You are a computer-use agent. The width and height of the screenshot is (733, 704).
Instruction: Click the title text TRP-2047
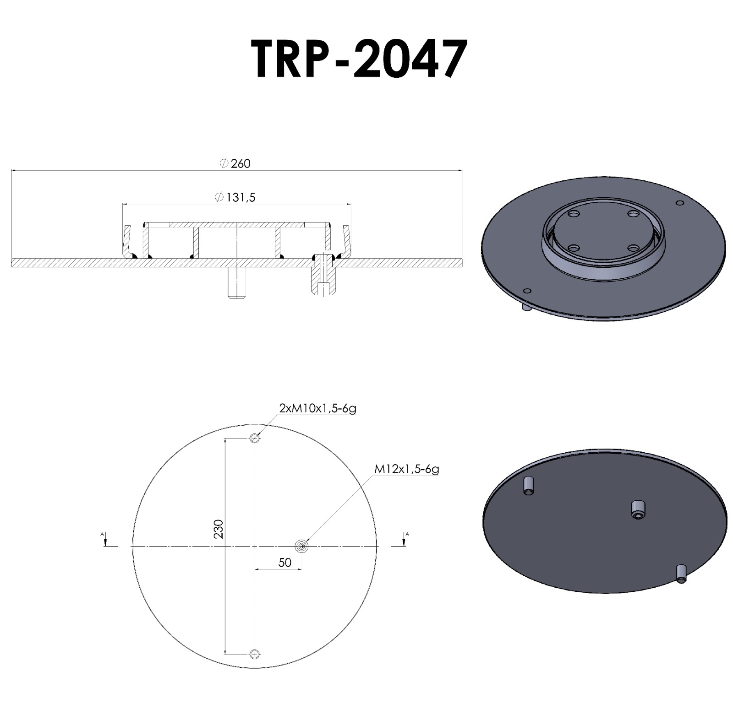point(360,59)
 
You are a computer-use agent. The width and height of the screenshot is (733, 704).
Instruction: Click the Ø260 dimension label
point(235,164)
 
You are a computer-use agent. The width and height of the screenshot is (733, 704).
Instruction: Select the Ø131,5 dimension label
point(235,197)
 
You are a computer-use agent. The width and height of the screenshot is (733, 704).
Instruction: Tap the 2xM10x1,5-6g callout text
point(317,408)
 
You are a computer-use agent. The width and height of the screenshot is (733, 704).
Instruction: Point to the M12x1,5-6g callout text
point(407,469)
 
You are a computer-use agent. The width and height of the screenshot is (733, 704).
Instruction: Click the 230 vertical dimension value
point(219,529)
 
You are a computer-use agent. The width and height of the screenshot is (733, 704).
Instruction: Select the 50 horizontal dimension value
point(284,562)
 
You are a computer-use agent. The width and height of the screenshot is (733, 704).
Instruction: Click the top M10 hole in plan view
point(255,439)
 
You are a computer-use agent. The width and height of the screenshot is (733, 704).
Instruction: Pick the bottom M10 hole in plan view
point(255,653)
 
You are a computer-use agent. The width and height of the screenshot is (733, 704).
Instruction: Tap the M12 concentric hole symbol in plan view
point(302,546)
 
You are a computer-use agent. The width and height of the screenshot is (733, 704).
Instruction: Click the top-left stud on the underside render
point(529,485)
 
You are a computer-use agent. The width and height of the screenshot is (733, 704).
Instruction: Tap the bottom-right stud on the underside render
point(681,574)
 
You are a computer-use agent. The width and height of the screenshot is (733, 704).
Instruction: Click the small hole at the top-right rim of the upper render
point(680,203)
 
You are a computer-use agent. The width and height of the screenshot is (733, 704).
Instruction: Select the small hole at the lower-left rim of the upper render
point(527,291)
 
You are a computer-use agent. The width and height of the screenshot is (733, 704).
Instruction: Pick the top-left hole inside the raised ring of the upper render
point(573,214)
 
